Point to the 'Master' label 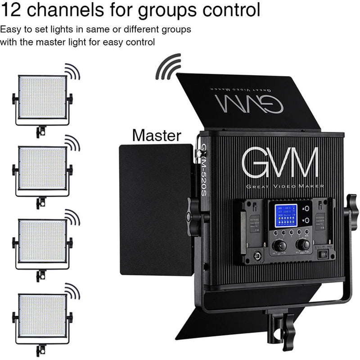click(157, 135)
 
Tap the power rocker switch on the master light click(322, 254)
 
